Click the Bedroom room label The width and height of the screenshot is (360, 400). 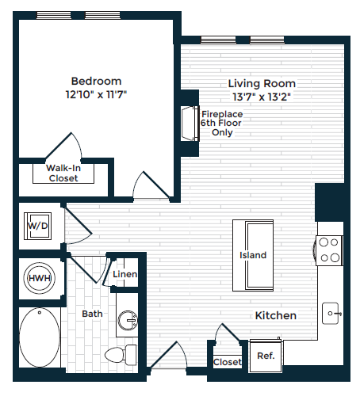tap(96, 81)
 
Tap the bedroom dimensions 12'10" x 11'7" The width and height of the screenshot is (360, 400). tap(96, 94)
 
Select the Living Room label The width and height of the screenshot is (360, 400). tap(262, 83)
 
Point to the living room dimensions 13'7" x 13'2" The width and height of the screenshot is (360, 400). tap(262, 97)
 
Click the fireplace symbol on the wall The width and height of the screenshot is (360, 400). tap(189, 124)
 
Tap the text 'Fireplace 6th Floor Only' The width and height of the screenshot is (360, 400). tap(221, 124)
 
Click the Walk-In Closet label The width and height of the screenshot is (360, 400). tap(63, 173)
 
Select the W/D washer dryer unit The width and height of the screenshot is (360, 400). tap(38, 226)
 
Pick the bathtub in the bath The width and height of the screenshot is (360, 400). tap(38, 339)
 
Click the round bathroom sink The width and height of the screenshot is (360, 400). tap(127, 321)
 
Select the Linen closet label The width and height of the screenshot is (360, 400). tap(125, 275)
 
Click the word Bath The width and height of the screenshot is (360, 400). tap(92, 314)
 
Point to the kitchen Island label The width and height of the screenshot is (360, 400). tap(253, 255)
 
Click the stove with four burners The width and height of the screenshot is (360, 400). tap(330, 250)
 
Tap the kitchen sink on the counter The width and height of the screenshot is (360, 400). tap(331, 314)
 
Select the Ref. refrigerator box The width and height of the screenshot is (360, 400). tap(266, 356)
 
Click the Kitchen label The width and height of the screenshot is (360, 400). tap(275, 315)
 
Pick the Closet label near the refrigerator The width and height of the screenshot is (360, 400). tap(228, 362)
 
